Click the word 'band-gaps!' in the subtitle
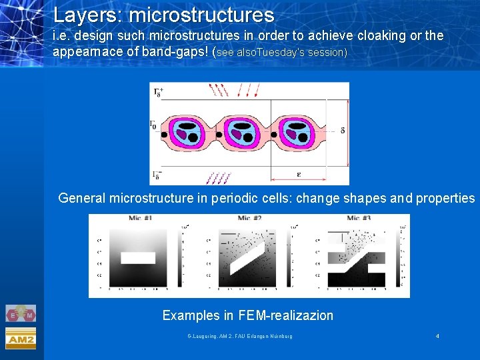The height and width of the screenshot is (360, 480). tap(173, 51)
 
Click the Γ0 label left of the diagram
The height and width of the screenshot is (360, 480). tap(155, 125)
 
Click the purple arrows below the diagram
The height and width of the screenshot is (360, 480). tap(219, 177)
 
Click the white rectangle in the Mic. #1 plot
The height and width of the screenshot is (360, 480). tap(139, 258)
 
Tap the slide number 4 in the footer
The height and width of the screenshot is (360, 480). tap(437, 336)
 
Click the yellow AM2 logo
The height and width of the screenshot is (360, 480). tap(21, 339)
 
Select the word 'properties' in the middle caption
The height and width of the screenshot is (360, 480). tap(445, 198)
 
